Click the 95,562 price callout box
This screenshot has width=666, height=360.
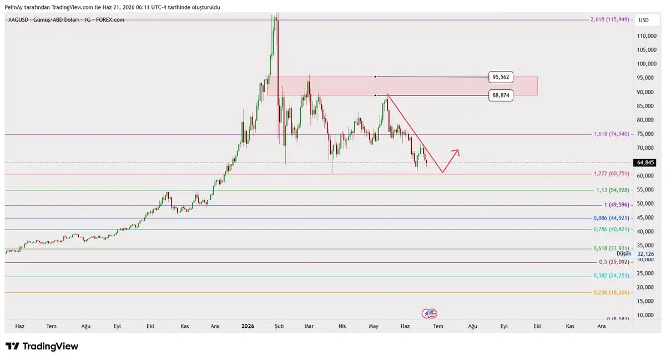501,77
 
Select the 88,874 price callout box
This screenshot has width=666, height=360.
501,95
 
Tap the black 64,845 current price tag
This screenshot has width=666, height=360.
644,163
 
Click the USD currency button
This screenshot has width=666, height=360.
643,20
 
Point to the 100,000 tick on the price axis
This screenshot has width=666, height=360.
647,64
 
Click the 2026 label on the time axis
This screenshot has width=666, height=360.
248,326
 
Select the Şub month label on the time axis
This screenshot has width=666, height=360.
279,326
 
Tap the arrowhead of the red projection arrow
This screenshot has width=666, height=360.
457,151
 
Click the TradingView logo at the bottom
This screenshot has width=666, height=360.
42,346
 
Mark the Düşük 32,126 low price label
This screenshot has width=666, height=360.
635,254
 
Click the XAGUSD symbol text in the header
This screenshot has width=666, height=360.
18,20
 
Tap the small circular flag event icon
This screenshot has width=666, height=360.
430,313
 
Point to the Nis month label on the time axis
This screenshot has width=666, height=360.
342,326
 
